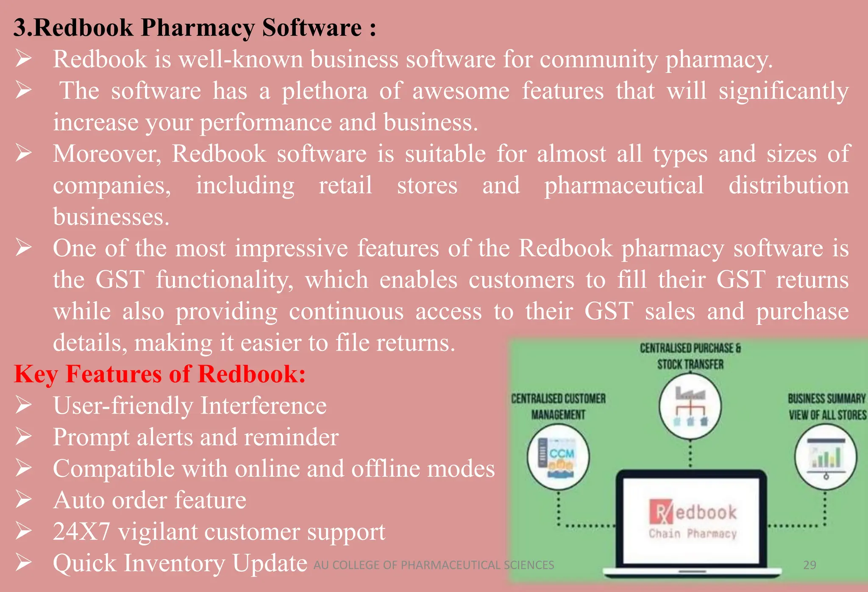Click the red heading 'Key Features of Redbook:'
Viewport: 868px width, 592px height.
159,374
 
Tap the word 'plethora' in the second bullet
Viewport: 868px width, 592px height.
325,91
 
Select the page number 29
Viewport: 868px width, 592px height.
810,565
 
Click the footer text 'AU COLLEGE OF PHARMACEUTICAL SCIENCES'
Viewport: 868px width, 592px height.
434,565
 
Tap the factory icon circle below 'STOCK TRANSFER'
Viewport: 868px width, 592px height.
690,406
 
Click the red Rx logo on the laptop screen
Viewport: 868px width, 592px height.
660,512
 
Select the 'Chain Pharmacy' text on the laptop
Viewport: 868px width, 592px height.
693,534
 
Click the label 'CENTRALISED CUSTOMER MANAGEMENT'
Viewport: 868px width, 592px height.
558,406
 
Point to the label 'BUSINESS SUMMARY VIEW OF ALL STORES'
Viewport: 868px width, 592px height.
826,406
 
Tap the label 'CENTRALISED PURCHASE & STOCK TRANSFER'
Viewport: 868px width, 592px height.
690,356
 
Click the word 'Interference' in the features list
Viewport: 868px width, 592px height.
263,406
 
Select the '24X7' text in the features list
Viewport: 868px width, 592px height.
81,532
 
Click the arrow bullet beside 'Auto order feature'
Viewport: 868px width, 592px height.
24,500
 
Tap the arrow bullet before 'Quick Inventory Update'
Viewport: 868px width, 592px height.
24,563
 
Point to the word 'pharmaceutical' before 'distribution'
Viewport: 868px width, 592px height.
624,186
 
